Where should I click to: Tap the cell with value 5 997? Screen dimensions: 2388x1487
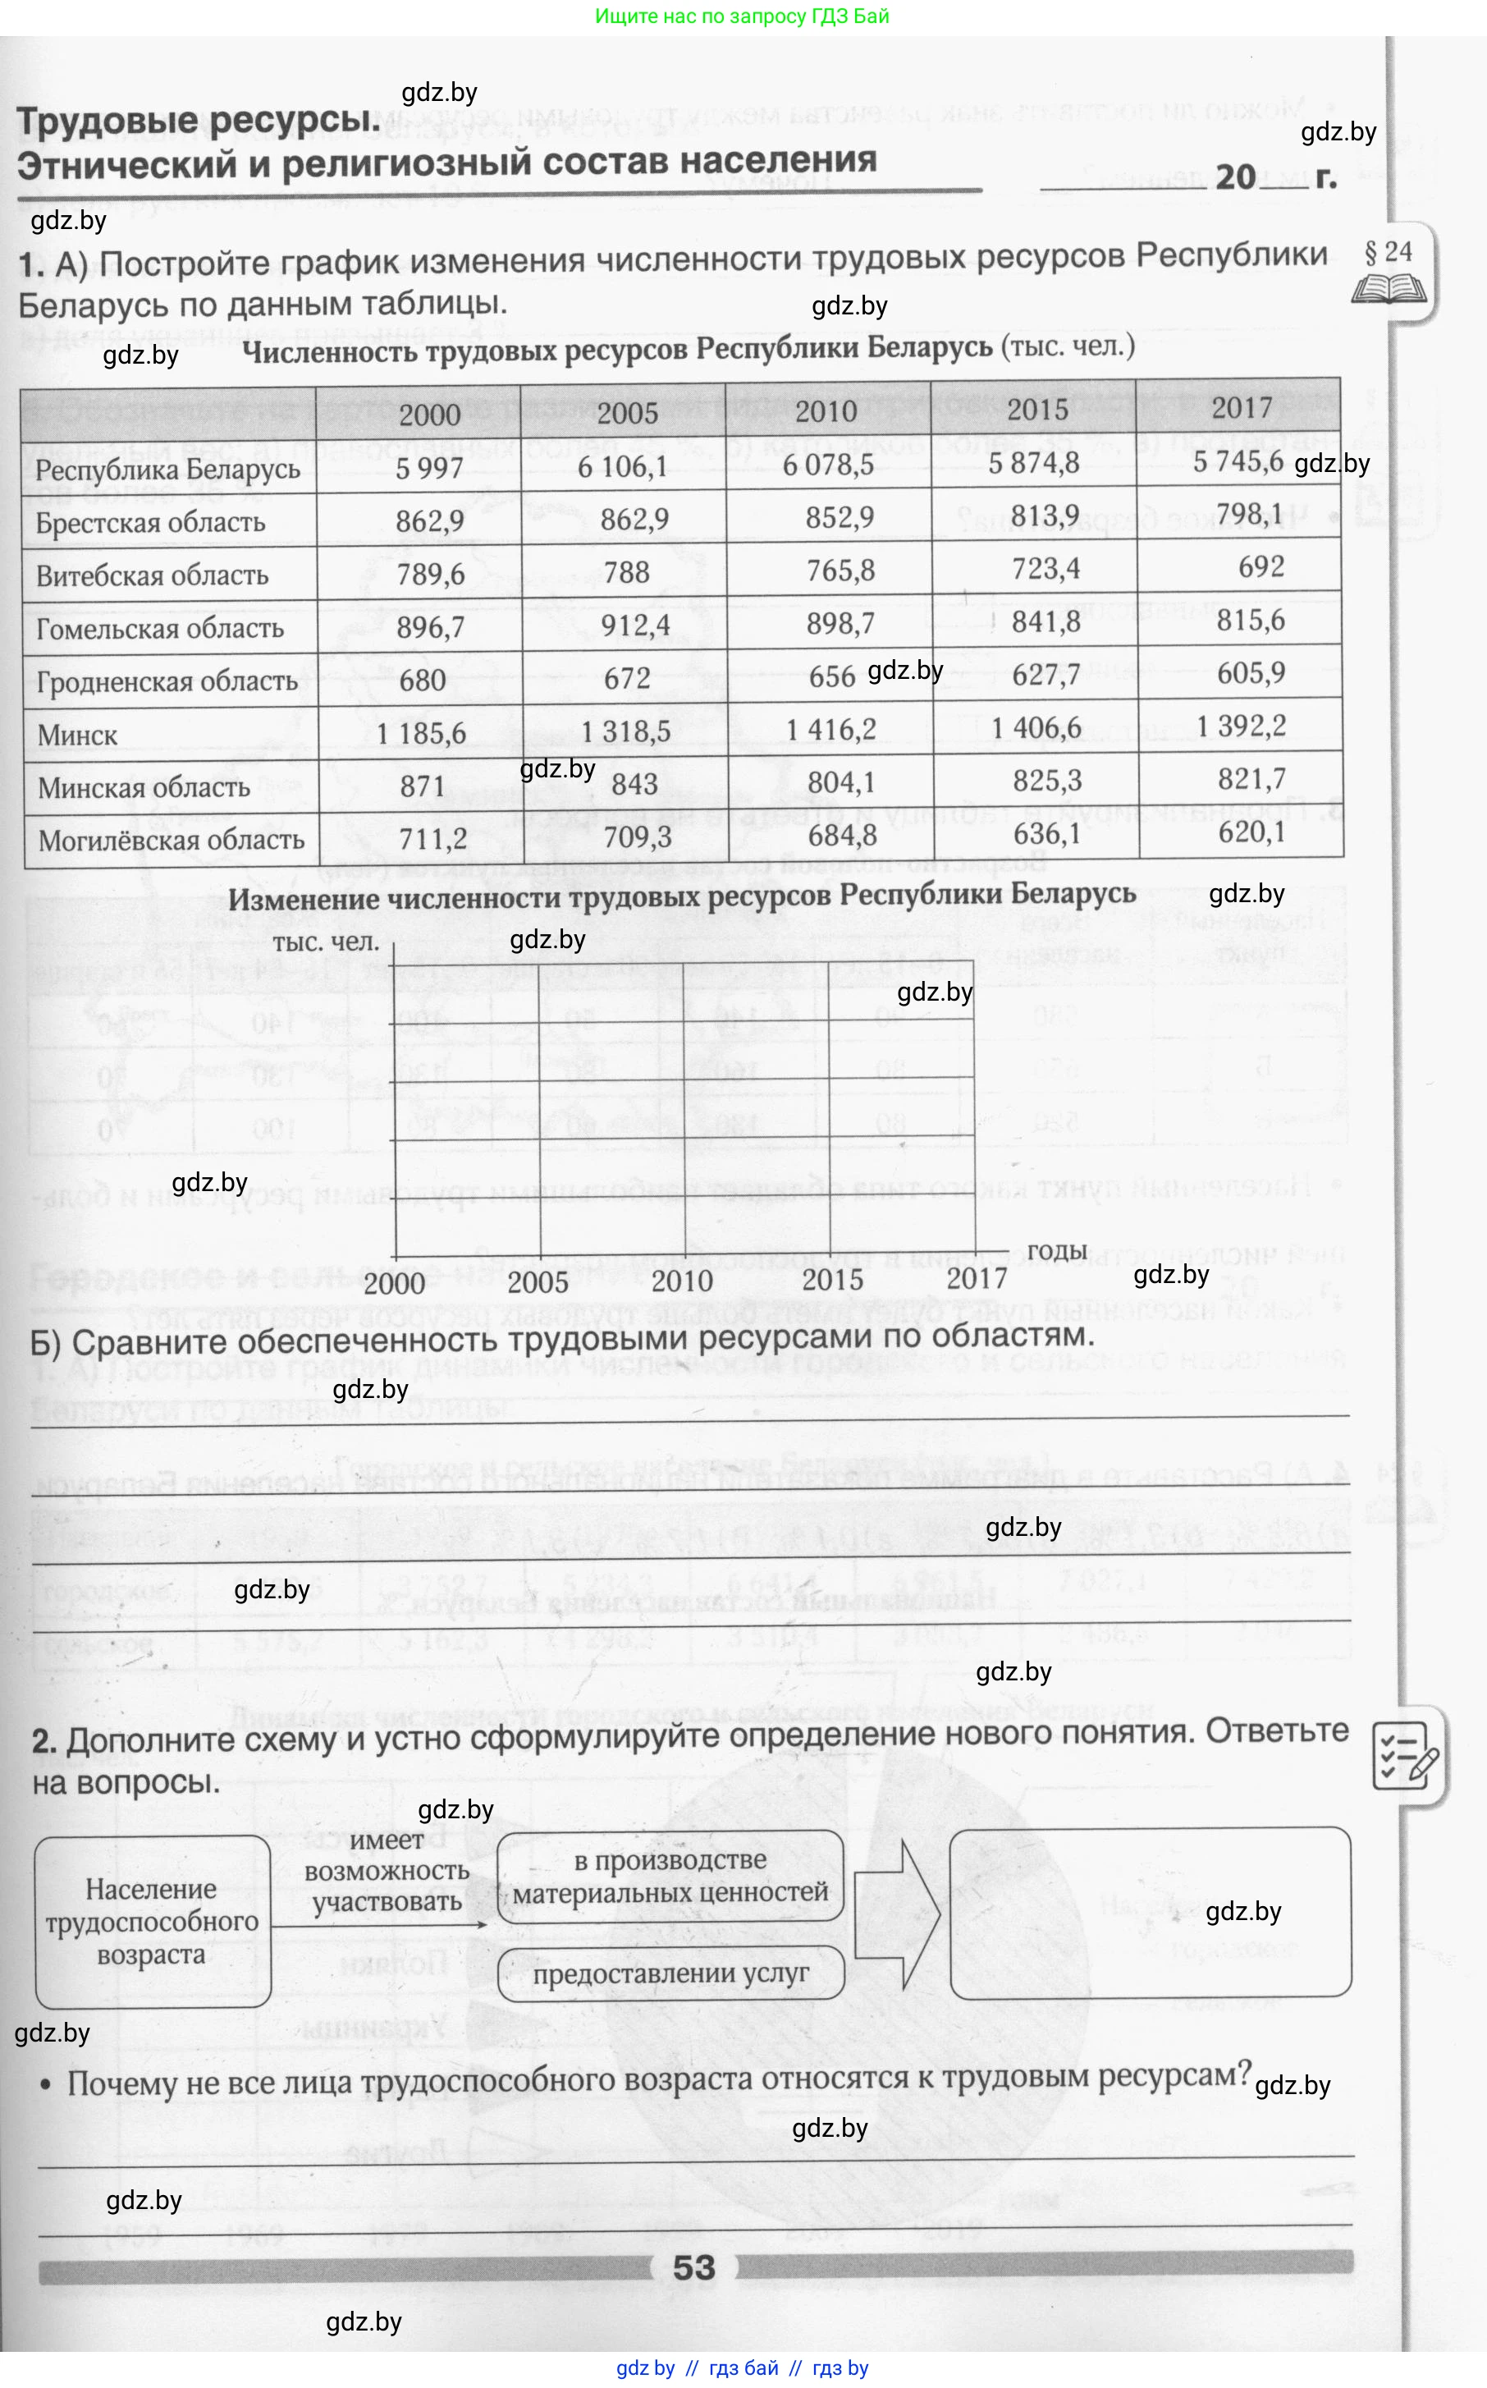pos(429,467)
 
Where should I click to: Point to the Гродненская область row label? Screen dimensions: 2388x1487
pos(167,681)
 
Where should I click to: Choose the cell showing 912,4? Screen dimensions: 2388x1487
pos(634,626)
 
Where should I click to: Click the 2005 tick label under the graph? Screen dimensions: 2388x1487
pos(537,1282)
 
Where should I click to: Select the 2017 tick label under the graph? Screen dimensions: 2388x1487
pos(977,1279)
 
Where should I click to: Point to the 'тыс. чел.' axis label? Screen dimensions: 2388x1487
pos(326,942)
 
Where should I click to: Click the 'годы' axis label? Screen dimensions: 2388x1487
pos(1056,1251)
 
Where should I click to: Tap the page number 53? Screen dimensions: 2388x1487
pos(693,2267)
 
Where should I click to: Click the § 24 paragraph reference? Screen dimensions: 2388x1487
pos(1388,253)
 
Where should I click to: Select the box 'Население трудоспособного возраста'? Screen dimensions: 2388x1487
pos(153,1921)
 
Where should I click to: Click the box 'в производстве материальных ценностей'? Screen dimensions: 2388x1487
pos(670,1876)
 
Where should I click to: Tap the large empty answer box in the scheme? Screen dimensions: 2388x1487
pos(1149,1912)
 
